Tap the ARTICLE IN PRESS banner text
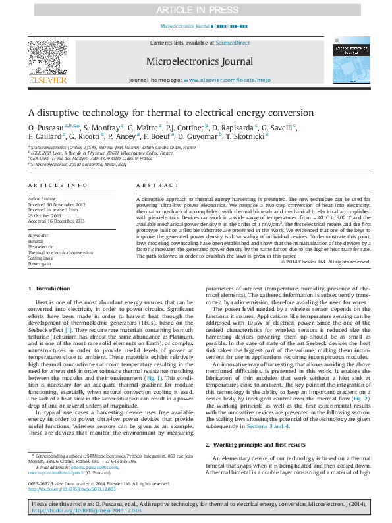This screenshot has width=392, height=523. click(x=195, y=10)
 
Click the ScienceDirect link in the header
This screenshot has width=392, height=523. click(x=233, y=42)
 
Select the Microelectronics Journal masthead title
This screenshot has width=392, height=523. click(x=200, y=62)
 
